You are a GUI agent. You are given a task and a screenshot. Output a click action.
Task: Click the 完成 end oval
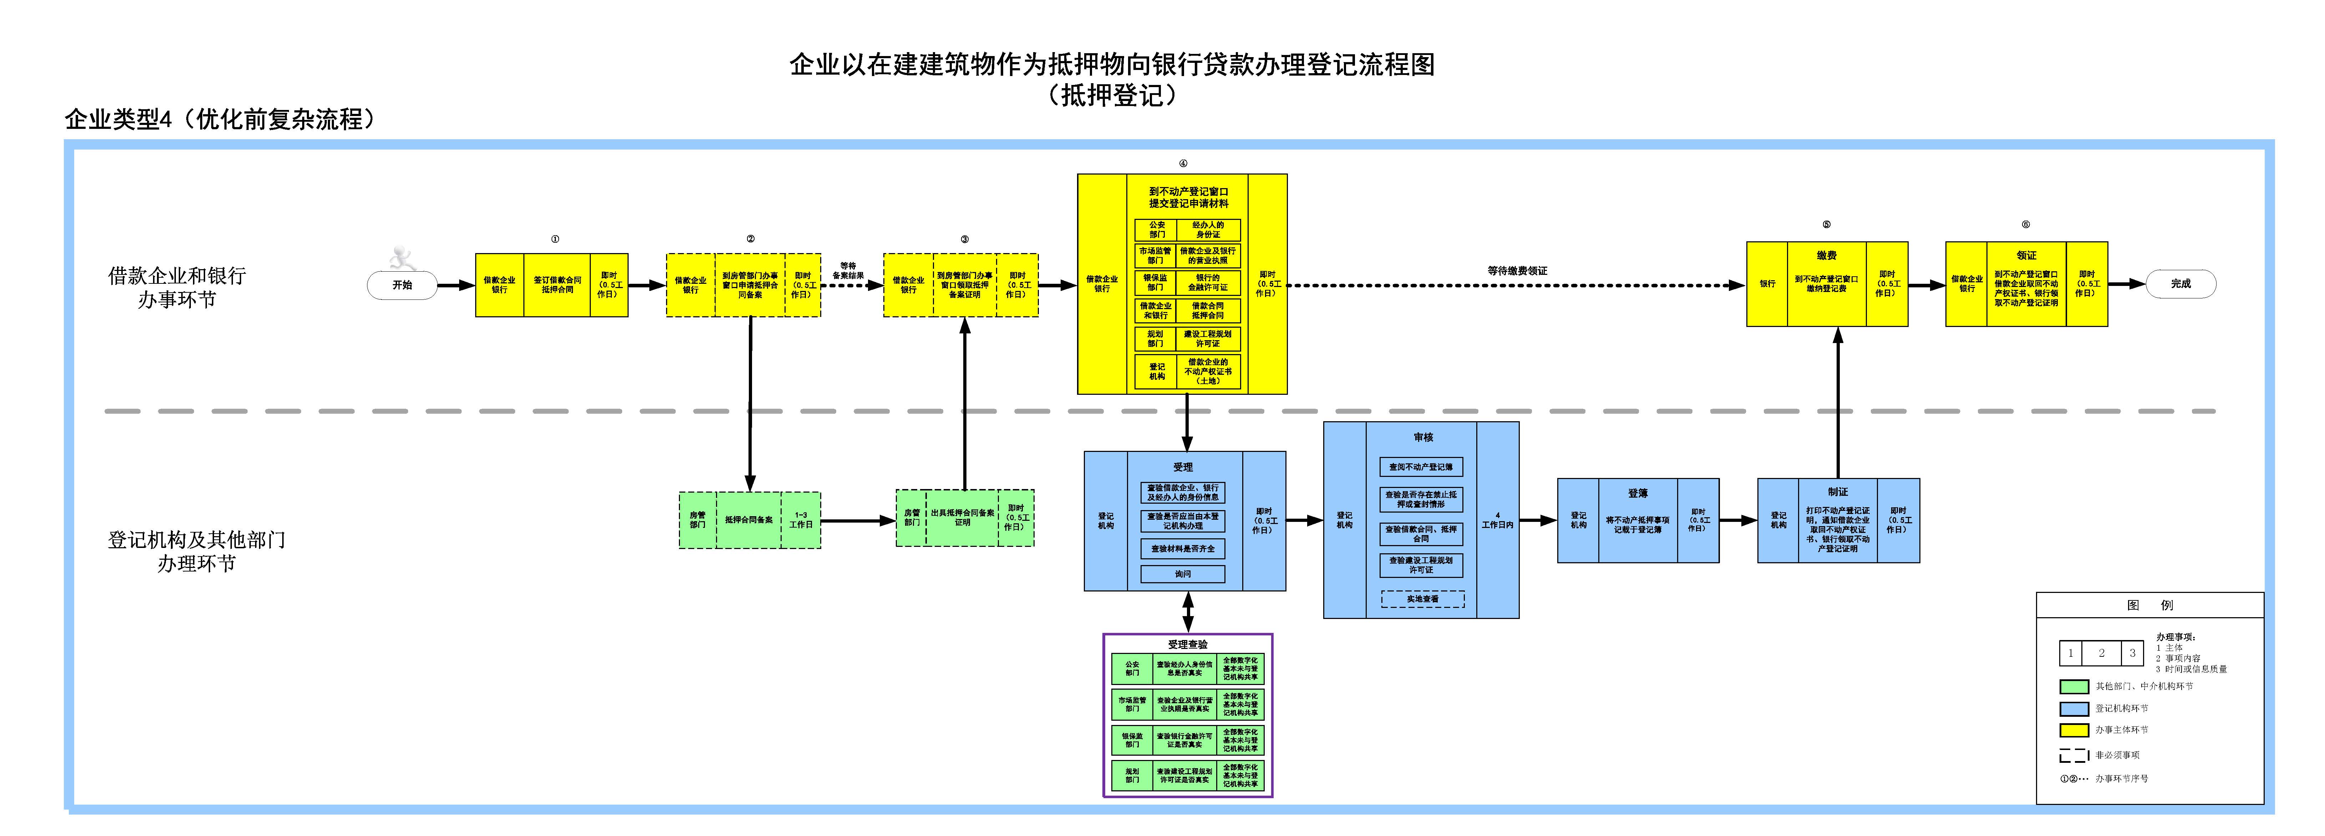tap(2181, 283)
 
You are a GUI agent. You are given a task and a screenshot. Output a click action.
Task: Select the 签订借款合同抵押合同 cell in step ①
tap(558, 285)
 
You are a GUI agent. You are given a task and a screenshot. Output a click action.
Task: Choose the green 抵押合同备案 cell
tap(748, 520)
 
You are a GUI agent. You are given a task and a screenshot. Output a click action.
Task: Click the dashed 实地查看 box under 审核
tap(1422, 599)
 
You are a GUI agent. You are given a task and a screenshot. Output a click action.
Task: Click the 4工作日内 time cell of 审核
tap(1497, 520)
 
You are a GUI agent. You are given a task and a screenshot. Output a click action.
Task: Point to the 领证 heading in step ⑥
tap(2026, 256)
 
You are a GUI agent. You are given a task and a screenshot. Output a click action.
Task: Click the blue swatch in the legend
tap(2074, 709)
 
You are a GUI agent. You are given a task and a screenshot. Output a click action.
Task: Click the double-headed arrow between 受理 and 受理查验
tap(1188, 611)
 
